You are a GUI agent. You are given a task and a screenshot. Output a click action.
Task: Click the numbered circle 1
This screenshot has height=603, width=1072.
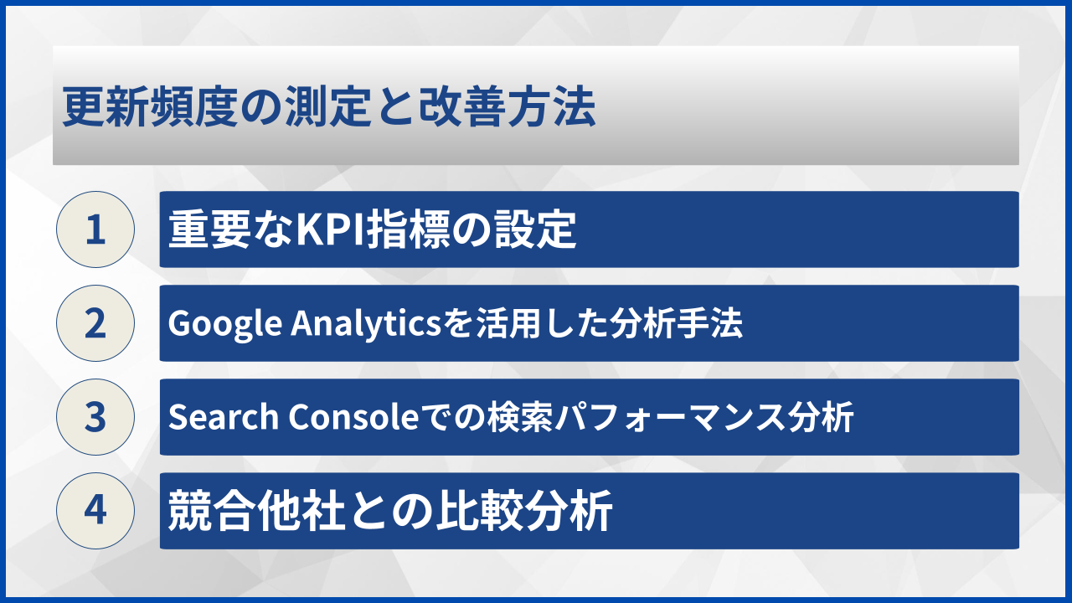95,229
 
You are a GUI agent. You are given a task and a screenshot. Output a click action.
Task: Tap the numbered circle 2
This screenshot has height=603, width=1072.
95,323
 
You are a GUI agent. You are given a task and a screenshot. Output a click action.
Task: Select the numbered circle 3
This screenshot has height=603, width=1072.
95,417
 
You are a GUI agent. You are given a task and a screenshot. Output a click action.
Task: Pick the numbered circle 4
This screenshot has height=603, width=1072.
95,511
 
